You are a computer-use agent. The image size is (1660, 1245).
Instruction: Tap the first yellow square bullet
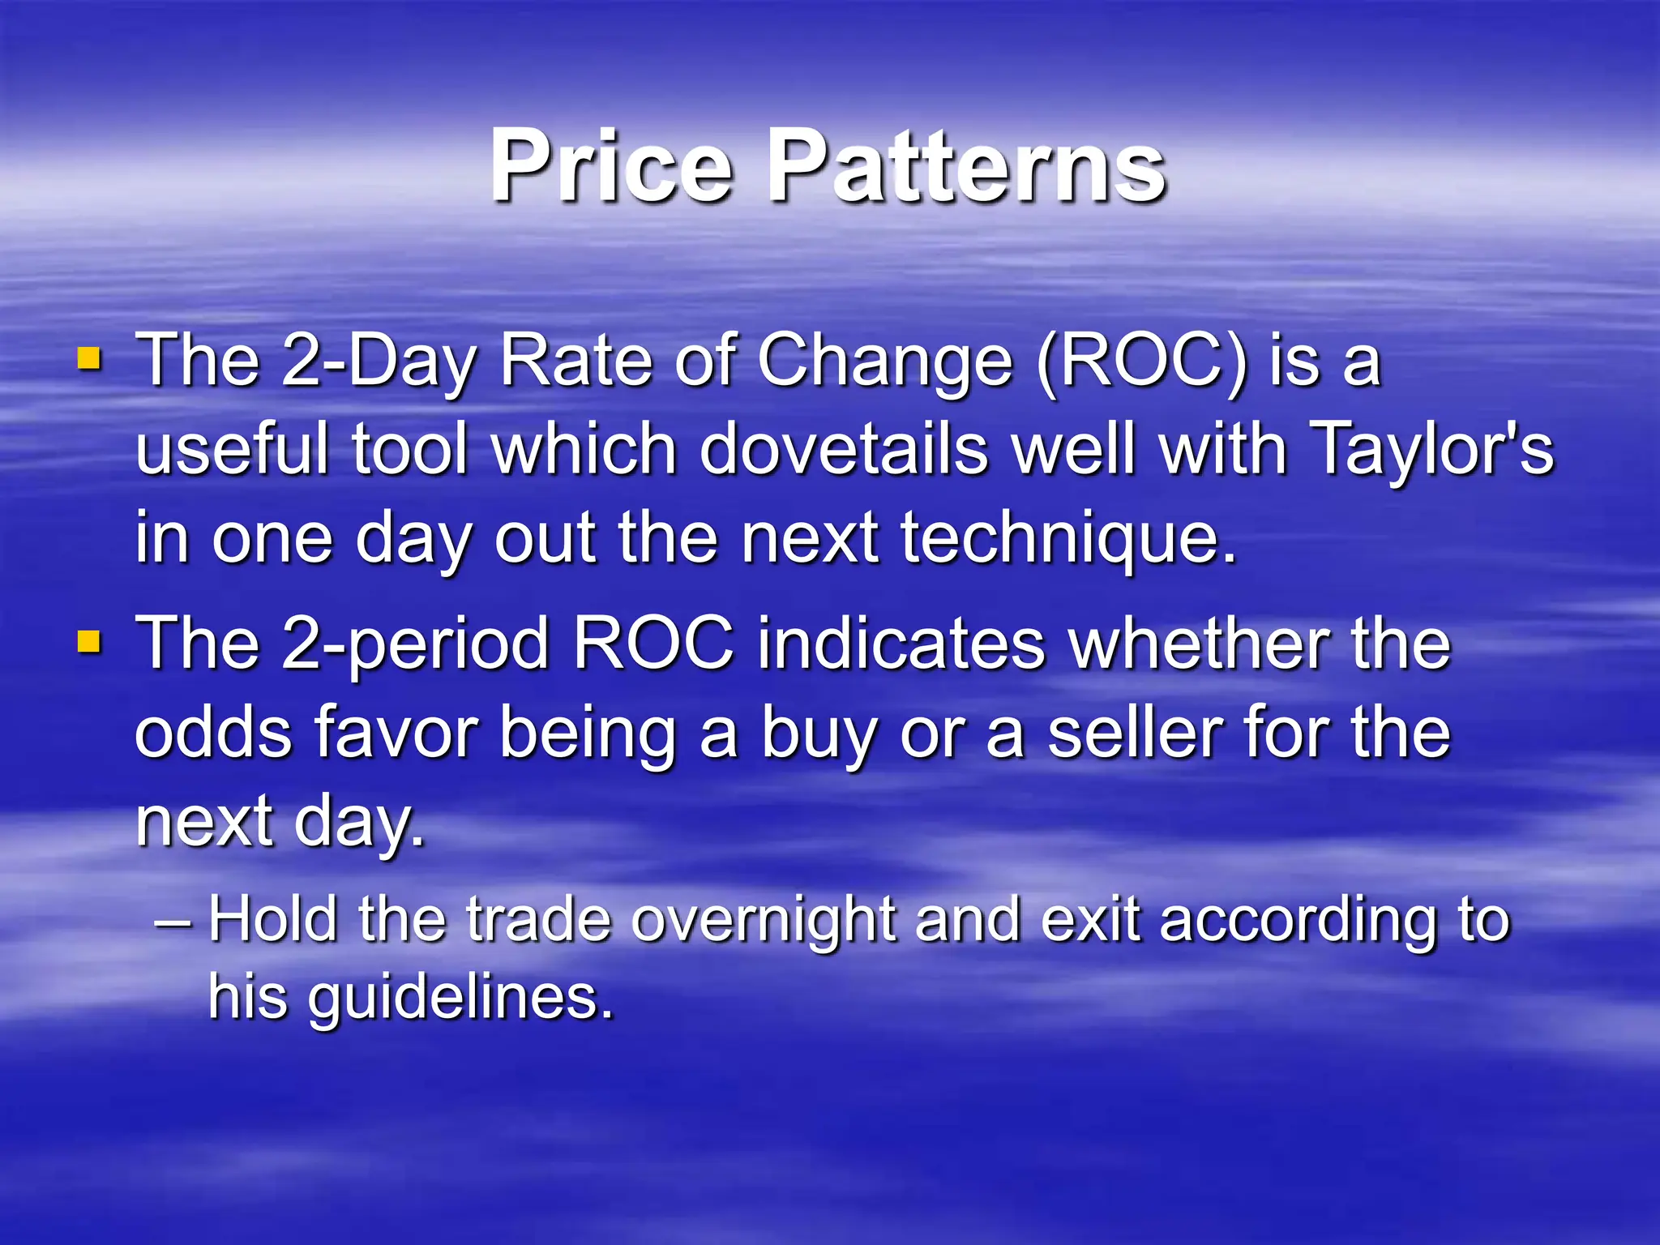[89, 358]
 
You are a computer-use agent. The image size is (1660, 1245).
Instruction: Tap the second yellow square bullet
[89, 643]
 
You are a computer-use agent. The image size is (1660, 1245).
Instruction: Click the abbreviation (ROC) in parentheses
[1141, 362]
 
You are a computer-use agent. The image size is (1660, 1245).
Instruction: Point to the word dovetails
[844, 450]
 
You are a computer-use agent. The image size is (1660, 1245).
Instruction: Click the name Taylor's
[1431, 450]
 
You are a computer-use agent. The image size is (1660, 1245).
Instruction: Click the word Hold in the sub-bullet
[272, 919]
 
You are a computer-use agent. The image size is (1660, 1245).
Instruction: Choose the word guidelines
[460, 998]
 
